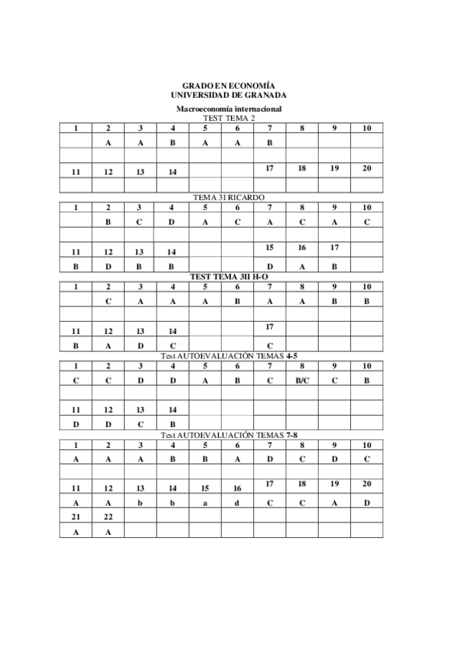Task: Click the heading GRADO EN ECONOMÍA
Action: (x=229, y=86)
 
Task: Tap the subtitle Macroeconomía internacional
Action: (x=229, y=110)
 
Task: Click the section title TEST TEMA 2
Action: (x=229, y=118)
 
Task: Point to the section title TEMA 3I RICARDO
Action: (x=229, y=197)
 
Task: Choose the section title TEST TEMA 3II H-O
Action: (x=229, y=277)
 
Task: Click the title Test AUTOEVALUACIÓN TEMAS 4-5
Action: (x=229, y=356)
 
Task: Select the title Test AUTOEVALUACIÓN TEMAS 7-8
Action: (x=229, y=435)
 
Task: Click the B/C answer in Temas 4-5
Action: (x=302, y=380)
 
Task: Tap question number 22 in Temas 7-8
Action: (x=109, y=517)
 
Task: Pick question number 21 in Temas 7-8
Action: (x=76, y=517)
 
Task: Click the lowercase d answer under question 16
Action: (x=238, y=503)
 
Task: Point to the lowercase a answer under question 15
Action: (x=205, y=503)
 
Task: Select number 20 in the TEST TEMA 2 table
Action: (x=367, y=167)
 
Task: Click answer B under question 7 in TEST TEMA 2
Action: (x=270, y=142)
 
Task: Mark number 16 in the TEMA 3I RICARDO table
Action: (x=302, y=247)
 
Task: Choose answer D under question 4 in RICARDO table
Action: (x=173, y=222)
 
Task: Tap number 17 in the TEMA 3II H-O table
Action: (x=270, y=326)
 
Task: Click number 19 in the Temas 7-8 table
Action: (x=335, y=484)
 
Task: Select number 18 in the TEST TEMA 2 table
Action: (x=302, y=167)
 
